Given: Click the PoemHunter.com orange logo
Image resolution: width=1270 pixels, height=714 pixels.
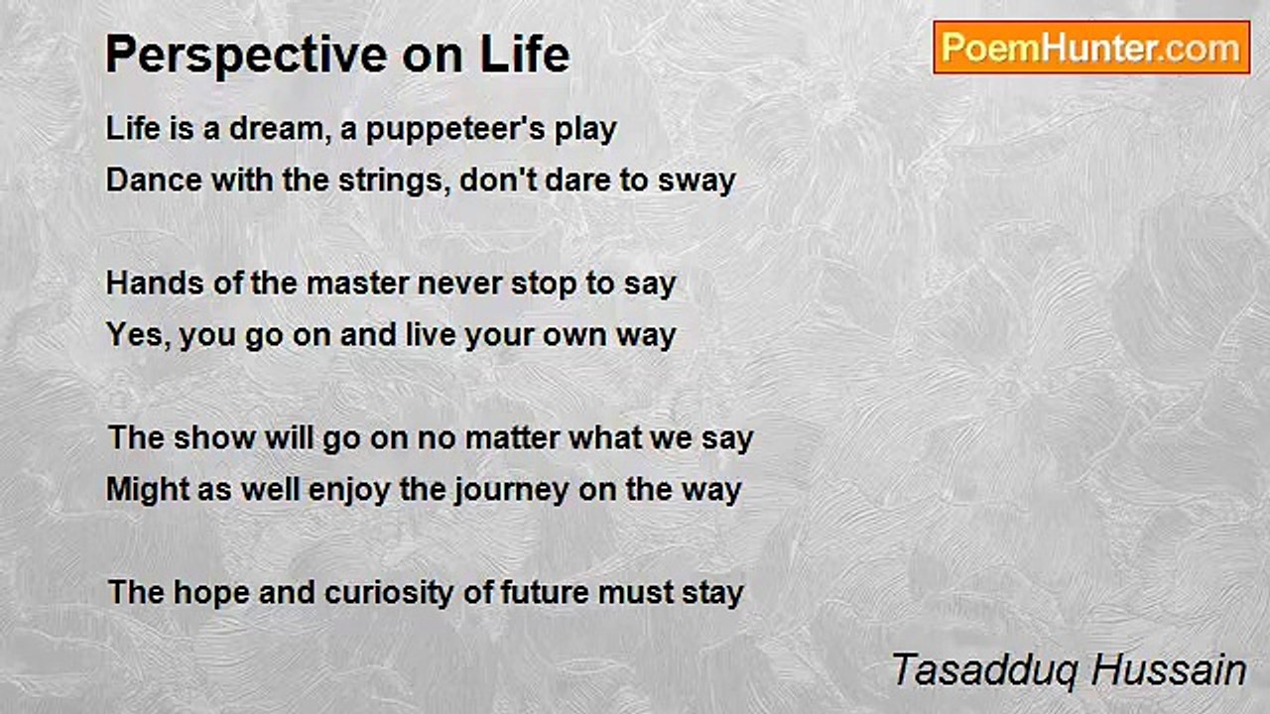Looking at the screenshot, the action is [1091, 48].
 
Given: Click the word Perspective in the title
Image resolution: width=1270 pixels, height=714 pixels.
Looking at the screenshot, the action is [247, 55].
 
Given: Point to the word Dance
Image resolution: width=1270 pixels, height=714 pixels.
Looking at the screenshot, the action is [154, 179].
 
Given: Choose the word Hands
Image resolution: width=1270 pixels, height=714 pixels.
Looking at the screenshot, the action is [155, 283].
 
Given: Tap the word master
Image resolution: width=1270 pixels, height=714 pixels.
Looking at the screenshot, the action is [357, 283].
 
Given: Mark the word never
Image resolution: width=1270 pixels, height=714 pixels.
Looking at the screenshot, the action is [459, 285].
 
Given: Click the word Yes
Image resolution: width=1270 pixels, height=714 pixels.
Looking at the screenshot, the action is [138, 335].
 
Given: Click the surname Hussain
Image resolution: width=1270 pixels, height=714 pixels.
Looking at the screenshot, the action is [1169, 669].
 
